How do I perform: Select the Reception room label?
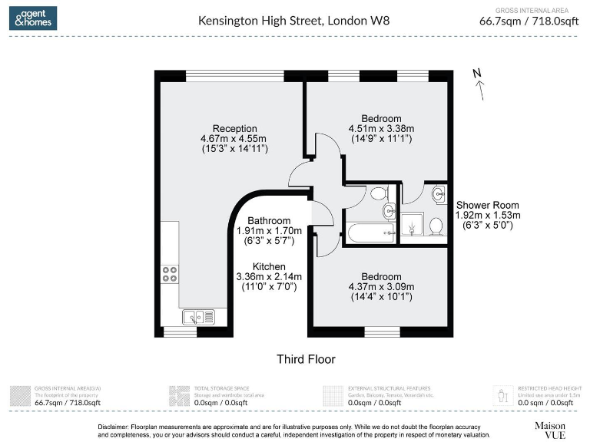coord(234,128)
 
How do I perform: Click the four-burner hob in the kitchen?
coord(170,275)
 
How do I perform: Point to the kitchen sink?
coord(198,315)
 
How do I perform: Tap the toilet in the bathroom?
coord(378,193)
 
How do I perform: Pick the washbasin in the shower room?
coord(437,193)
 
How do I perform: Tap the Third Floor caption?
coord(306,359)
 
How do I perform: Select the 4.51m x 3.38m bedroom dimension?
coord(381,128)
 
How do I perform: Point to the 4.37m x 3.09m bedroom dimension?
coord(381,287)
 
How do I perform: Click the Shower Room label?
coord(487,205)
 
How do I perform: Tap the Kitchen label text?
coord(269,266)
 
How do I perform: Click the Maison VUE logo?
coord(550,430)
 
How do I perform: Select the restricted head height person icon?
coord(503,395)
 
